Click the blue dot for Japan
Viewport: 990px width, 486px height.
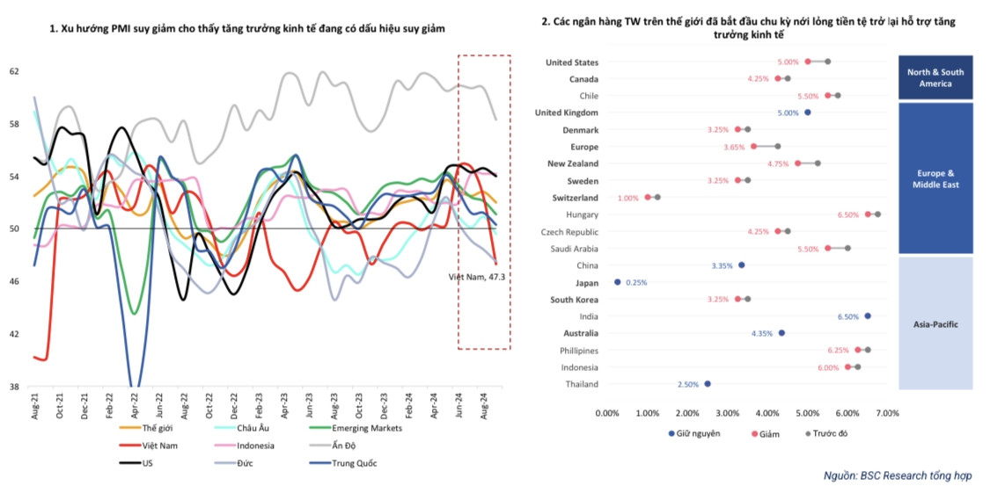click(x=617, y=282)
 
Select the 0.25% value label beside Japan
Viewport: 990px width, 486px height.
click(x=637, y=282)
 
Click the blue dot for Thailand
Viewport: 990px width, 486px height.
click(x=708, y=384)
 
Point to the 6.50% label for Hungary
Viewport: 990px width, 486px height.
click(x=848, y=214)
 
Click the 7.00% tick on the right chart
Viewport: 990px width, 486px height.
click(x=887, y=411)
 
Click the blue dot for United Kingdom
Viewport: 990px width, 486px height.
click(x=808, y=112)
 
